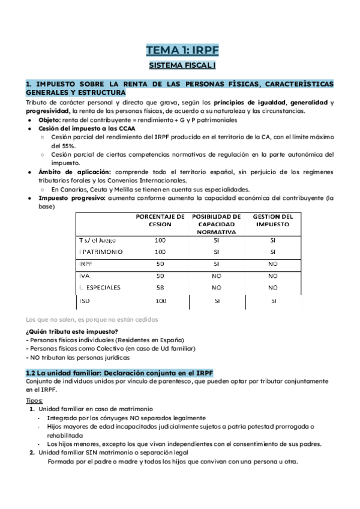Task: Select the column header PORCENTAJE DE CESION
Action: click(160, 220)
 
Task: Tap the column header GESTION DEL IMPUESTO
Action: click(272, 220)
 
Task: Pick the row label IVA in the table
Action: click(84, 276)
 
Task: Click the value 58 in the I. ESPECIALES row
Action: click(160, 288)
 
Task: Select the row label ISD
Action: click(85, 300)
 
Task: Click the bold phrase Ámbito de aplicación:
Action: click(71, 172)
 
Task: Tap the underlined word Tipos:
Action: click(35, 400)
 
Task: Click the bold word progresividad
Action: click(47, 111)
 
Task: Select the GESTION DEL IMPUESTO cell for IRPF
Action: click(272, 264)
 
